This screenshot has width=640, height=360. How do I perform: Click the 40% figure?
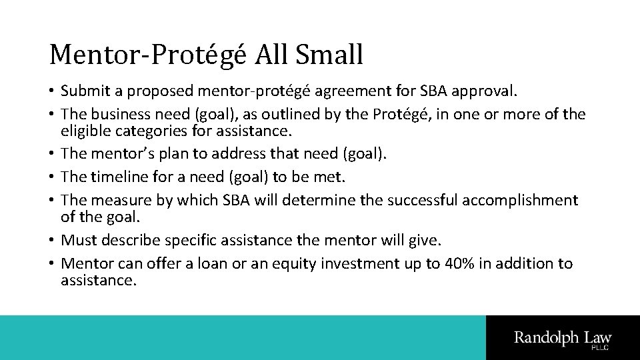coord(459,264)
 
